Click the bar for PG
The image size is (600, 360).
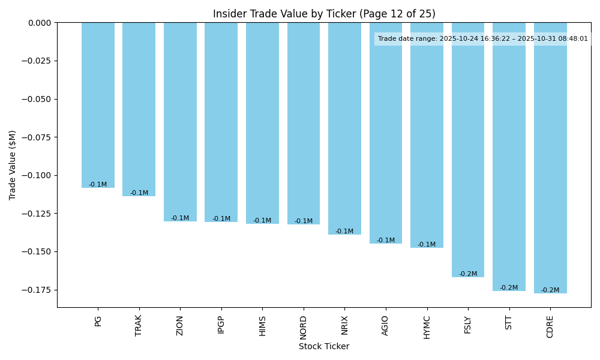point(98,105)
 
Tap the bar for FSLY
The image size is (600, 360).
point(468,150)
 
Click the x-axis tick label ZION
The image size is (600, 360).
point(180,325)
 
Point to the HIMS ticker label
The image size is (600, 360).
point(262,326)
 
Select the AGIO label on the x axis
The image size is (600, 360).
point(386,326)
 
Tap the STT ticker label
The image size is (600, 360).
point(509,322)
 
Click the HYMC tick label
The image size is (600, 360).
point(427,327)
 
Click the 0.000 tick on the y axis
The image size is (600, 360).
point(39,23)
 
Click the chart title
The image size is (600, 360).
point(324,14)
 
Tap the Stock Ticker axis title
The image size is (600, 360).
point(324,346)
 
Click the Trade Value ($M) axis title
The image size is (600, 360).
point(13,165)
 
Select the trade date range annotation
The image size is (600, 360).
point(482,39)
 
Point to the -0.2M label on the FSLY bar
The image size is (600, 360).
point(468,274)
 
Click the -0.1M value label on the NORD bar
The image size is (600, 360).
point(304,221)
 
